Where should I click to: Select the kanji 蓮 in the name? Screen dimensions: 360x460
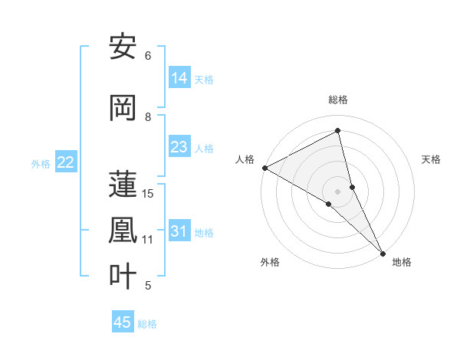[123, 185]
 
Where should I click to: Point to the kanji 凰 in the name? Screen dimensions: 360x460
[123, 231]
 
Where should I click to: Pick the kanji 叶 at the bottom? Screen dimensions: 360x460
[123, 277]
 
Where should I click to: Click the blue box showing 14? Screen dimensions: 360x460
[179, 78]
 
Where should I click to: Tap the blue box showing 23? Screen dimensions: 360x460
[179, 147]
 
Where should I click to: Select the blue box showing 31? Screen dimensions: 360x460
[179, 232]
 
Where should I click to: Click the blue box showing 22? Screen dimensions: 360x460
[66, 162]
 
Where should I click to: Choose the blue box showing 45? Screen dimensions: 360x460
[123, 322]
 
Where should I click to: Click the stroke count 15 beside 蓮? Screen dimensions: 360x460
[148, 194]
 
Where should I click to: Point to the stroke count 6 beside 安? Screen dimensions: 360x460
[148, 56]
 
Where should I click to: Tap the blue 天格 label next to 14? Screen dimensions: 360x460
[204, 79]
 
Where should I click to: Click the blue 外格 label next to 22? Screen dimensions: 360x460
[41, 163]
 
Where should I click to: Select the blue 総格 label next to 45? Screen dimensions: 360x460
[147, 324]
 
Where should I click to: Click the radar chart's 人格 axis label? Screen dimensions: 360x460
[245, 159]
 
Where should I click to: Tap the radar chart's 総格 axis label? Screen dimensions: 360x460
[338, 100]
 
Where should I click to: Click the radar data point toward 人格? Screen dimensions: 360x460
[264, 168]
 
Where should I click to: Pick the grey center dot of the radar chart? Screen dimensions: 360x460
[338, 191]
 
